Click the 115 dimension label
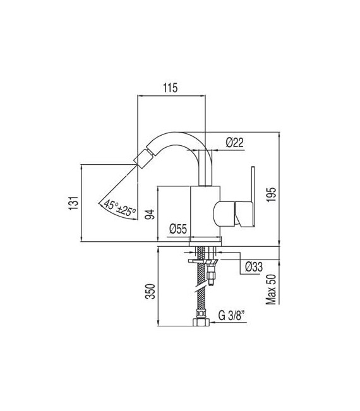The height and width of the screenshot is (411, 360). click(x=171, y=88)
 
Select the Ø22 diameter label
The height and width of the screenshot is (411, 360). click(x=235, y=143)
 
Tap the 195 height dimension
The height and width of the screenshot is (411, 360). click(x=272, y=194)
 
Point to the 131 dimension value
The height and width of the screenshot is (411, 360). click(x=74, y=203)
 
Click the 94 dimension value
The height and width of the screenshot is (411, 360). click(x=150, y=214)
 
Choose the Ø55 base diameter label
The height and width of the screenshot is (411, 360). click(x=178, y=229)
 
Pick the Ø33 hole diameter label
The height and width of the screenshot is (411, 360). click(x=254, y=267)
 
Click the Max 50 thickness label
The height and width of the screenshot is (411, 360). click(x=271, y=289)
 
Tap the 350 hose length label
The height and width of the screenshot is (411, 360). click(x=151, y=291)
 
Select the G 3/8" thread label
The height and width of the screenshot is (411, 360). click(x=232, y=316)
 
